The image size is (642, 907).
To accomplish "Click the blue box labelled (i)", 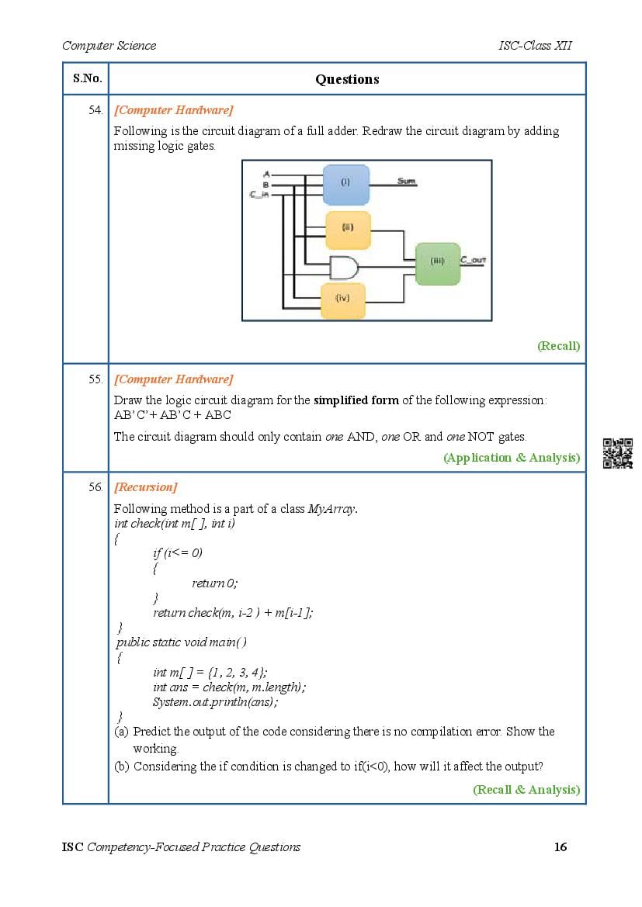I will [x=345, y=184].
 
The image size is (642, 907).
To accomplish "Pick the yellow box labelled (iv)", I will [x=343, y=299].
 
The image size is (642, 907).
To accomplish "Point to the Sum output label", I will [x=406, y=181].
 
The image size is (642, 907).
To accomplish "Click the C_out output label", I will [x=473, y=260].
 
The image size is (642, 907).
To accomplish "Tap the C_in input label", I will [x=259, y=195].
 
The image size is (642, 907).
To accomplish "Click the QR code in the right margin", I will [x=618, y=453].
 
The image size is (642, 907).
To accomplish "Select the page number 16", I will [x=560, y=846].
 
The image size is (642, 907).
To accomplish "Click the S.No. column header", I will [x=85, y=78].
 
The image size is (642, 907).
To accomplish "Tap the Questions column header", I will [x=347, y=79].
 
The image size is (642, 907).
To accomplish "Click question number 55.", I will [x=95, y=379].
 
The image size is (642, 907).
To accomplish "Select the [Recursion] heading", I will [x=145, y=487].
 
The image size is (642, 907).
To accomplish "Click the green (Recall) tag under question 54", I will [x=557, y=346].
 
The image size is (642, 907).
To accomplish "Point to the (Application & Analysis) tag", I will [x=511, y=458].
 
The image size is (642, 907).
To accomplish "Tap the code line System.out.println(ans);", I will [x=215, y=702].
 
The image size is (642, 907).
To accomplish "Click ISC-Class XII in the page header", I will [x=534, y=45].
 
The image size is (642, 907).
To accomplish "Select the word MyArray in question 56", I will [x=331, y=509].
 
